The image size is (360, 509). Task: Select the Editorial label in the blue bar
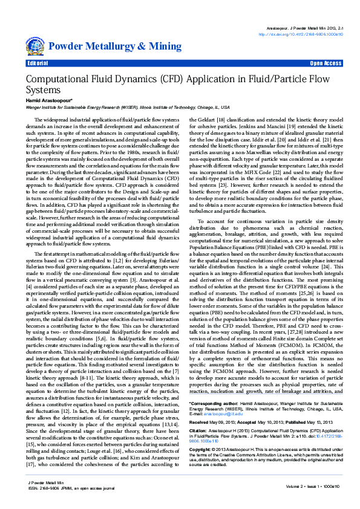tap(38, 63)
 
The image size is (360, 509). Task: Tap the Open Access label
tap(326, 63)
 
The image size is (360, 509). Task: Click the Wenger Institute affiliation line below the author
tap(121, 106)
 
